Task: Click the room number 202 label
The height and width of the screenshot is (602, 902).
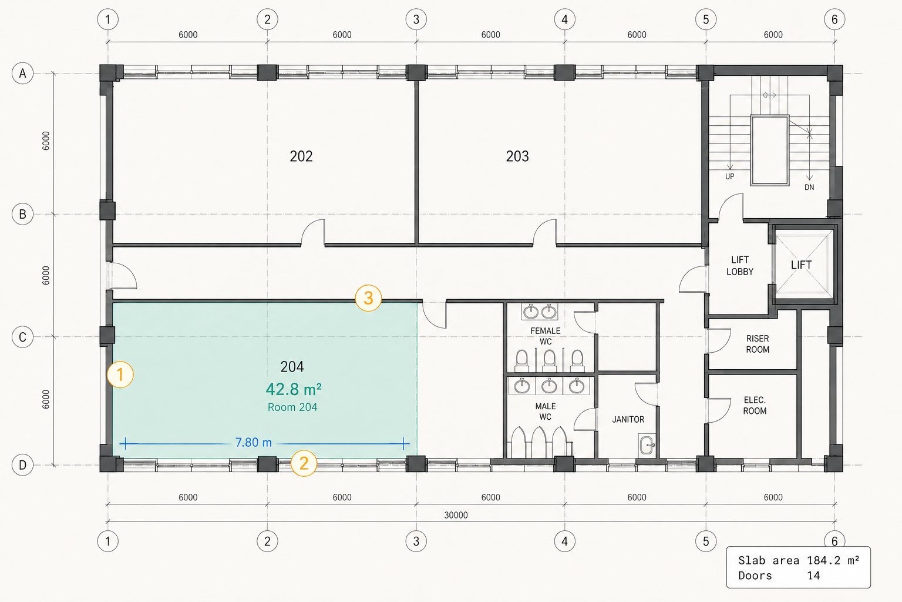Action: click(301, 156)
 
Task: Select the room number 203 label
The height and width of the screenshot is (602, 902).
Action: click(517, 156)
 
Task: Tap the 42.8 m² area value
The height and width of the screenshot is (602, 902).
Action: click(294, 389)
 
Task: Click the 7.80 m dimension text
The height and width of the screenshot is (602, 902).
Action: click(253, 442)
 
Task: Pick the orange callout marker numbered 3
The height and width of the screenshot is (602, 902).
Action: click(368, 298)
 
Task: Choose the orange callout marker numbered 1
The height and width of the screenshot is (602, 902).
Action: click(120, 374)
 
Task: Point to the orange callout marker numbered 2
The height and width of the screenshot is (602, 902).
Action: click(304, 463)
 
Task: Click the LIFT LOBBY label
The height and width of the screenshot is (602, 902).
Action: click(740, 266)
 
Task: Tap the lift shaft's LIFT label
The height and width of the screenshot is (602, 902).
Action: click(801, 265)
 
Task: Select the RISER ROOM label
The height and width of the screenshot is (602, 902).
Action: click(758, 344)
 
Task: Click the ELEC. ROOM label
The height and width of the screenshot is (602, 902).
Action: click(755, 405)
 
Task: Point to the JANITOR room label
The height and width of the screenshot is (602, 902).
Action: click(628, 419)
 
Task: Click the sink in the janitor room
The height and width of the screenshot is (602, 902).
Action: click(647, 444)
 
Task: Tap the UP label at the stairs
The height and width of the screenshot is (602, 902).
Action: click(730, 176)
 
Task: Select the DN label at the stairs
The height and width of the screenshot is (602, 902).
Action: click(809, 187)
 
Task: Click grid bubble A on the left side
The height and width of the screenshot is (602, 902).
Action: click(22, 73)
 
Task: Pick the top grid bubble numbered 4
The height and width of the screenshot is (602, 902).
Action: click(564, 19)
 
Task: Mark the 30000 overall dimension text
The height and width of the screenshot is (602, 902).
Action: click(456, 515)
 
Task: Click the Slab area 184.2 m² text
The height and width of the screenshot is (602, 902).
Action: click(799, 560)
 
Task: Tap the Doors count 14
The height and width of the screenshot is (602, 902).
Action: click(813, 576)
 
